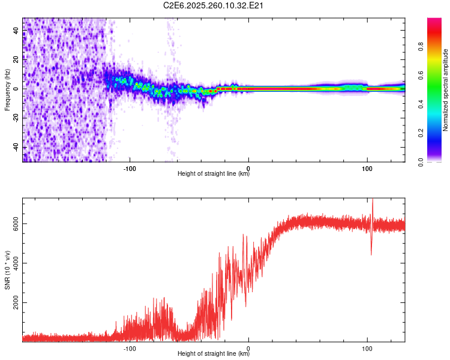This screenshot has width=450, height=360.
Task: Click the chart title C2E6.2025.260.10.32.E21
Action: tap(214, 5)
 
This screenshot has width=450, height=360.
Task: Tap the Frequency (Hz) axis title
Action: tap(7, 89)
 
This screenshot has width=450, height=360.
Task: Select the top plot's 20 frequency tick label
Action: tap(16, 59)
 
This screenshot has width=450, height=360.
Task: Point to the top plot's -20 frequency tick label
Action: tap(16, 118)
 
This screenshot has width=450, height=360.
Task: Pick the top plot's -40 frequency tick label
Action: tap(16, 148)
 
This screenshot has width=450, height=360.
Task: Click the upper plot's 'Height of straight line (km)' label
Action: tap(214, 175)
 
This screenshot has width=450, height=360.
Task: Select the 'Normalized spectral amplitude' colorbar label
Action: tap(446, 90)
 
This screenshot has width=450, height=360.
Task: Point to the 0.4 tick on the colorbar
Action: tap(437, 104)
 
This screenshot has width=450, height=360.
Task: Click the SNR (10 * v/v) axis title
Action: tap(7, 270)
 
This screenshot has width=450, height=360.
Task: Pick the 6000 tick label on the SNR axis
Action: tap(16, 223)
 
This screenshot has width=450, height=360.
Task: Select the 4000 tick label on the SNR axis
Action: tap(16, 263)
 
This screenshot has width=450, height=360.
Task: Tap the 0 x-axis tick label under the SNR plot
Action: tap(248, 347)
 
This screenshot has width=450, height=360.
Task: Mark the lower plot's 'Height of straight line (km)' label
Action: tap(214, 355)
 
